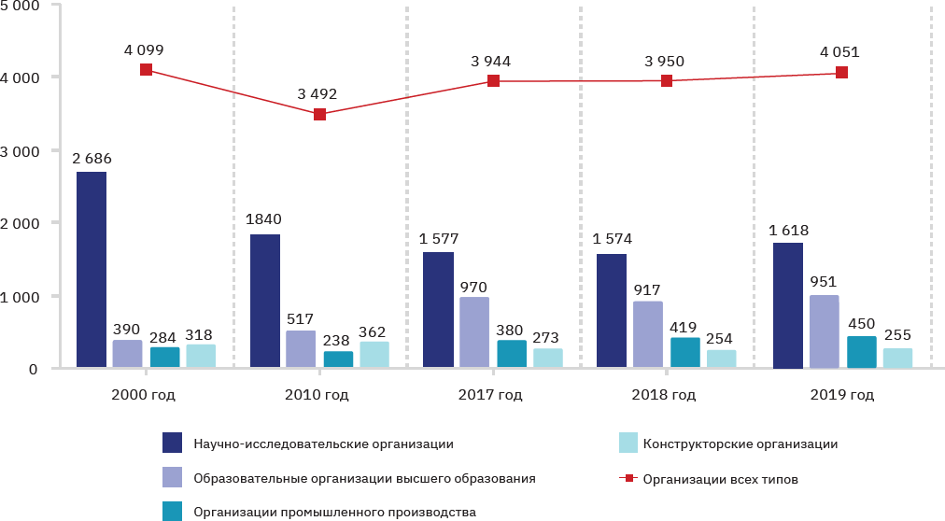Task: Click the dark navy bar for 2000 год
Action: click(x=92, y=270)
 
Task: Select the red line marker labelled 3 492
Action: click(x=319, y=114)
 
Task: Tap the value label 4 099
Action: click(x=145, y=49)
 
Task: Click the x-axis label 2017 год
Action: click(x=490, y=395)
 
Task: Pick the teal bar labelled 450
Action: click(x=861, y=352)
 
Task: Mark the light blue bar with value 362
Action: click(x=374, y=355)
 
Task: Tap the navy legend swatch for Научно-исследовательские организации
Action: click(x=172, y=444)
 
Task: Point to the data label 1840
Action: click(x=264, y=219)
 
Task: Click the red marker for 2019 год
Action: click(x=841, y=73)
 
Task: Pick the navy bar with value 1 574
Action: click(x=612, y=311)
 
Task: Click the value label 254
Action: click(x=721, y=335)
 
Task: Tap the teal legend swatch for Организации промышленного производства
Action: click(x=172, y=512)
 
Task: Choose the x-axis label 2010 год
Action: click(x=317, y=395)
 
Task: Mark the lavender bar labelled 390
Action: click(x=127, y=354)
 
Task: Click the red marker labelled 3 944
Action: click(x=493, y=81)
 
